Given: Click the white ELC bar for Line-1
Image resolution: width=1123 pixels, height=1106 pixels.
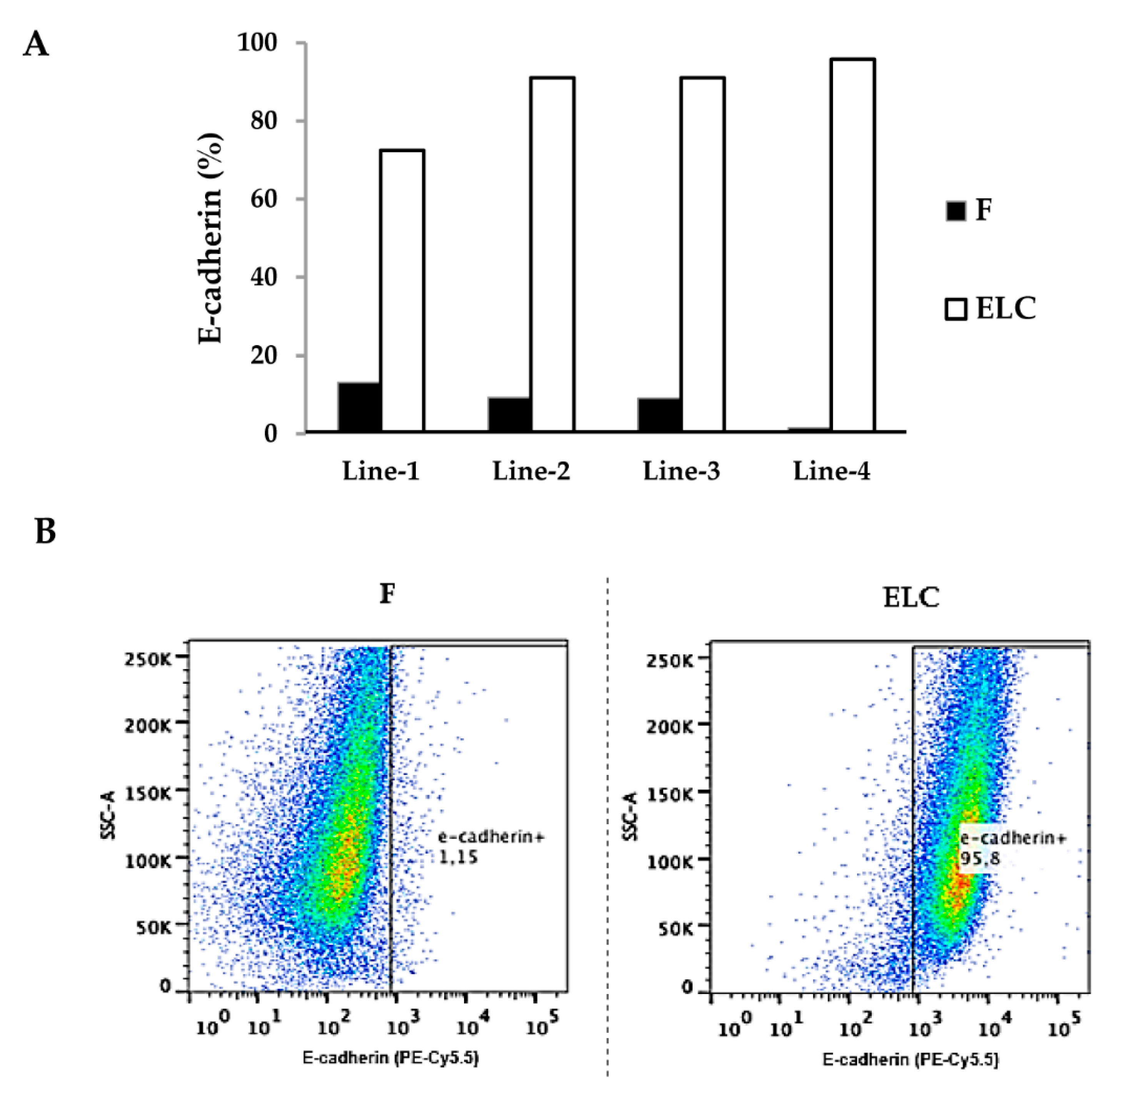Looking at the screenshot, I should coord(402,290).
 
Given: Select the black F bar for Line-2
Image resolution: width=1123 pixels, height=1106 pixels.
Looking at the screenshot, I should coord(509,415).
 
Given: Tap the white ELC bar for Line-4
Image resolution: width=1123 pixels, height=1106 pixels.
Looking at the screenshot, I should coord(852,244).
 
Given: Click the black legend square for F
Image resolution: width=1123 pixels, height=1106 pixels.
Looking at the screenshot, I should coord(956,210).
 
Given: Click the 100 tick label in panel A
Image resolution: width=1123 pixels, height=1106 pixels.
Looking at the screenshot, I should coord(258,42).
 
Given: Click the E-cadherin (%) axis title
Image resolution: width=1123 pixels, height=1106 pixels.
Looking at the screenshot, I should coord(210,238).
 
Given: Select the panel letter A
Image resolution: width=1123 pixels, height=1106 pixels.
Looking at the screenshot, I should coord(36,44).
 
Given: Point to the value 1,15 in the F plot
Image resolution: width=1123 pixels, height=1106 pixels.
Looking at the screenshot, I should coord(458,857).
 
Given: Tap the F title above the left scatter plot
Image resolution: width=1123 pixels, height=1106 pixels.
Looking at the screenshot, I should coord(387,594).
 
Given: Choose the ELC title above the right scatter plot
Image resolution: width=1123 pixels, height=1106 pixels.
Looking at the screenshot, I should coord(911,597).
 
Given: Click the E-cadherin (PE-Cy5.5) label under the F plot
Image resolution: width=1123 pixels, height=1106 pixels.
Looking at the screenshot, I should coord(390,1058).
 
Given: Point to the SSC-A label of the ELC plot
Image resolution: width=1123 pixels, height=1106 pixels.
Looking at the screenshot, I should coord(631,817).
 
